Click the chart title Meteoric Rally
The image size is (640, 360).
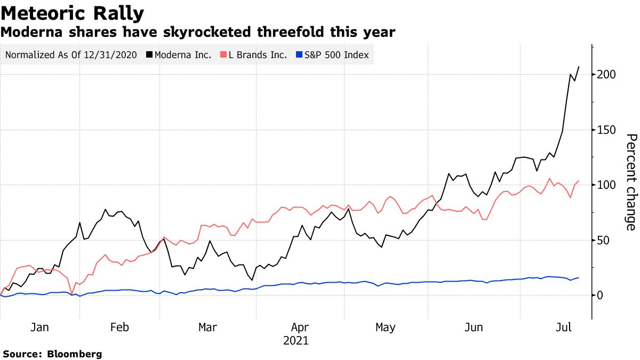73,13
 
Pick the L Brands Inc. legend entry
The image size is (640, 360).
258,55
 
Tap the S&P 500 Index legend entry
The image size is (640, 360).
332,55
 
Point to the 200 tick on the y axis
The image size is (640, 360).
606,75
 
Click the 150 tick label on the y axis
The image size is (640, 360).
606,130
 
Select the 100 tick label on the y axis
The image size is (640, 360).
606,185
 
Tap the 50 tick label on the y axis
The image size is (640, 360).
603,241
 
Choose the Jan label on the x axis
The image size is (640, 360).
40,327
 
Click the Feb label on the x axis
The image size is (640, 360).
119,327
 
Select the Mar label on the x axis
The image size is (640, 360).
207,327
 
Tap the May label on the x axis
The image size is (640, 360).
385,327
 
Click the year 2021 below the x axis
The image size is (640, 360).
297,340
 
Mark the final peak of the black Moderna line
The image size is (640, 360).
579,67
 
